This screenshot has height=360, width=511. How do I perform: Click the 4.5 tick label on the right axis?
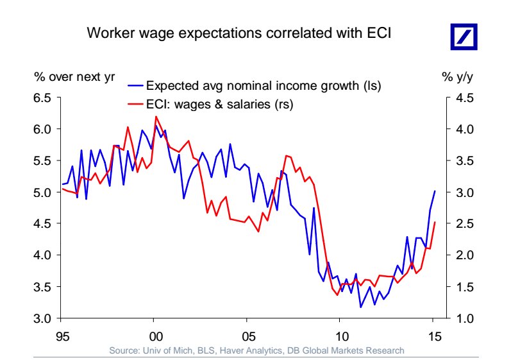[465, 98]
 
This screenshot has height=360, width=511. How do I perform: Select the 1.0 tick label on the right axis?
[465, 318]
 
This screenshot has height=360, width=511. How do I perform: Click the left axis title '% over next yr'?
[74, 76]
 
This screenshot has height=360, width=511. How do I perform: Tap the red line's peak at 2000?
[156, 117]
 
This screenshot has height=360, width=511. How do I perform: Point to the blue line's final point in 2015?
[435, 191]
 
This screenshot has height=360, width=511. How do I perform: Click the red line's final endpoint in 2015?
[435, 222]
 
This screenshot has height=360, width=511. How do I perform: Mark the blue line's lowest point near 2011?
[360, 307]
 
